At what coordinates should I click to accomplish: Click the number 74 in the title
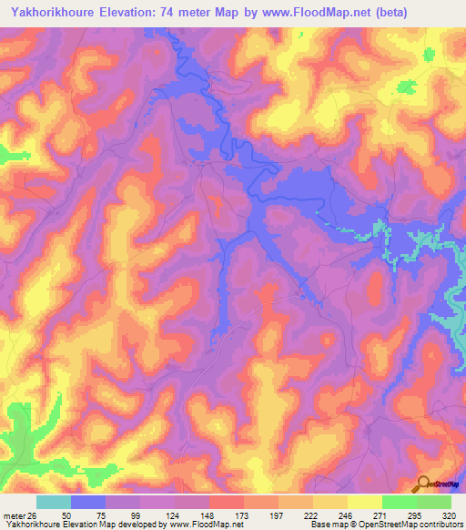tap(187, 12)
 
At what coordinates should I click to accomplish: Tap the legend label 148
tap(209, 515)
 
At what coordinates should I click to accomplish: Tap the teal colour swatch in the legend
tap(54, 502)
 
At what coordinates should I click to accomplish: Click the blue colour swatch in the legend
tap(88, 502)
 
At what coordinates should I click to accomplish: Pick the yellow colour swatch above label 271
tap(364, 502)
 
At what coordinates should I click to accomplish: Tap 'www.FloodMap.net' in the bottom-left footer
tap(199, 525)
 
